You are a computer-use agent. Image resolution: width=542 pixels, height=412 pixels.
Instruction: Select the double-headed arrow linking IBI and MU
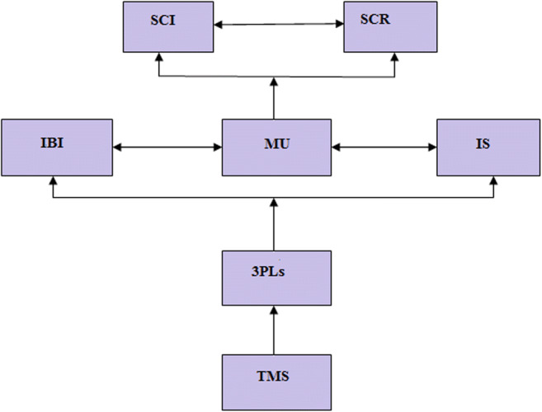(167, 149)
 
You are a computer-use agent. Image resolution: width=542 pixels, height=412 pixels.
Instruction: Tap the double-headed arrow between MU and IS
(384, 149)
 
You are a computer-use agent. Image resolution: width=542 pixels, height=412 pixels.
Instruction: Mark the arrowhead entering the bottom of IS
(494, 182)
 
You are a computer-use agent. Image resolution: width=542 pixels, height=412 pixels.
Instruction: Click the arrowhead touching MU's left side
(217, 149)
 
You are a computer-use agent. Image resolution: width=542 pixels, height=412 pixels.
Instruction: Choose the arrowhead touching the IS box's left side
(432, 149)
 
